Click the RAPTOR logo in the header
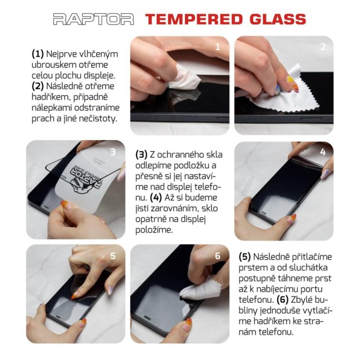pos(93,19)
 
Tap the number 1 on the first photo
pos(218,47)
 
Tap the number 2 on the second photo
pos(323,47)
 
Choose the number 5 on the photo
pos(113,256)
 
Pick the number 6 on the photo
pos(218,256)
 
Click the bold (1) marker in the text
pos(38,54)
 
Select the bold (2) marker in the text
pos(38,86)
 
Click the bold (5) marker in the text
pos(245,257)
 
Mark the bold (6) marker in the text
pos(294,300)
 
